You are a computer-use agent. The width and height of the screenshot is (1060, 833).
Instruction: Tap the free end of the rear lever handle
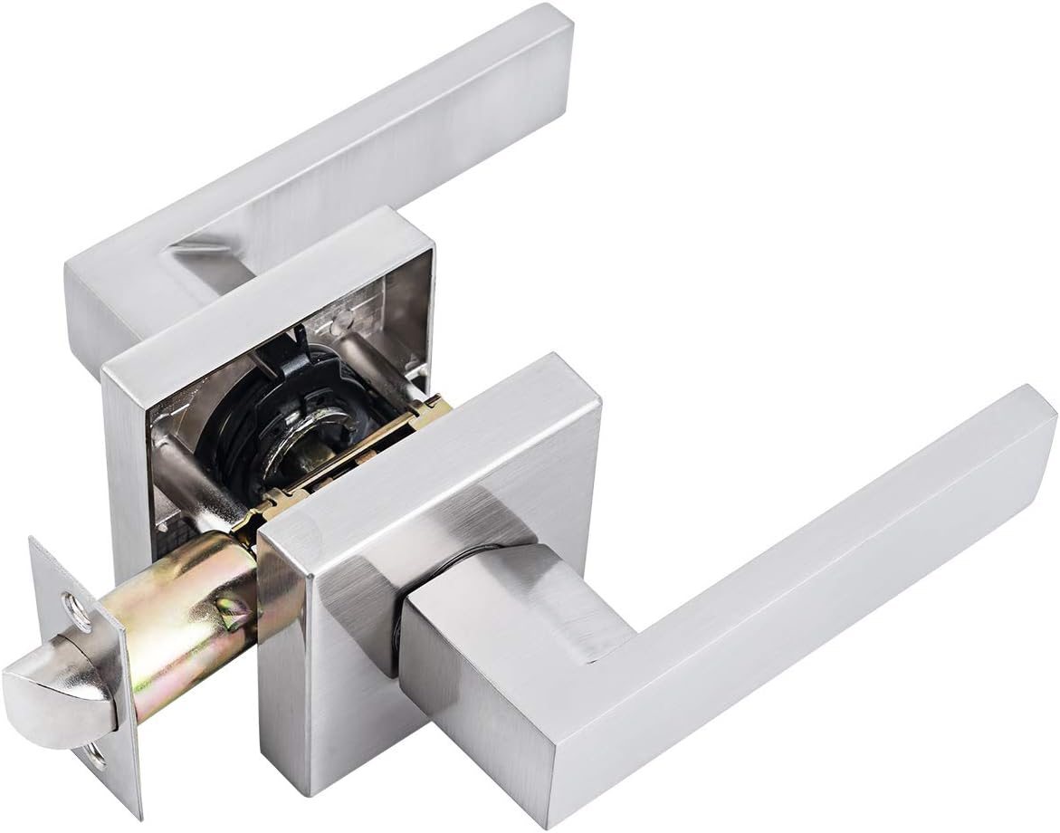tap(543, 45)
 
